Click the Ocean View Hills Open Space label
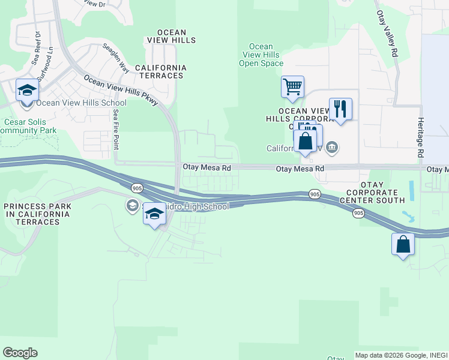pyautogui.click(x=261, y=55)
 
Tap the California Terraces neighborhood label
pyautogui.click(x=160, y=71)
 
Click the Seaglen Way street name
pyautogui.click(x=116, y=58)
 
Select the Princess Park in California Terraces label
pyautogui.click(x=37, y=214)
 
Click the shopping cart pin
pyautogui.click(x=292, y=86)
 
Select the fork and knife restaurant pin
pyautogui.click(x=340, y=109)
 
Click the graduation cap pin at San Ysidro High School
pyautogui.click(x=154, y=215)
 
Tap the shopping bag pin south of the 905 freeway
pyautogui.click(x=403, y=244)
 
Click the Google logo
pyautogui.click(x=20, y=353)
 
